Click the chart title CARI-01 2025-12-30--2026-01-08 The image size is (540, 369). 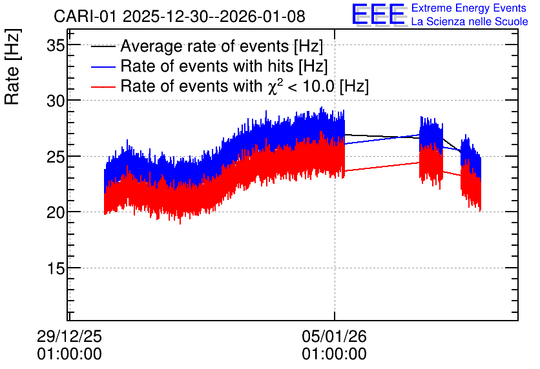tap(180, 16)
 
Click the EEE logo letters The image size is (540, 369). tap(379, 14)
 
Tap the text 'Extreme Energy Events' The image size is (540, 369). tap(469, 8)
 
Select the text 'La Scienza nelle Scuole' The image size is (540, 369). tap(470, 21)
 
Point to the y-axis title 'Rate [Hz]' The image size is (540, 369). tap(12, 66)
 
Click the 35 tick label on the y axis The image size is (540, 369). tap(56, 45)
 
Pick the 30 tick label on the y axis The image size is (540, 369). tap(56, 101)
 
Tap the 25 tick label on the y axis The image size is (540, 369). tap(56, 157)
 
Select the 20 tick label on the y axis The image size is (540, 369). tap(56, 212)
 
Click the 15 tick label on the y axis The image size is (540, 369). tap(56, 268)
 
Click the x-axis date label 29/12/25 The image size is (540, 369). tap(70, 336)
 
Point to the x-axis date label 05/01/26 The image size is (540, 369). tap(335, 336)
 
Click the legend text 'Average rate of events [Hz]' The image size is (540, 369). tap(222, 46)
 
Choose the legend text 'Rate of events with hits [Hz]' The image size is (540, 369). tap(224, 66)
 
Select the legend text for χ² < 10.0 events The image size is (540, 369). tap(245, 86)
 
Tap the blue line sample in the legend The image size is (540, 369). tap(103, 67)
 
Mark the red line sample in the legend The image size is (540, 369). tap(103, 87)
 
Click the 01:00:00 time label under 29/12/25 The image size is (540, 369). tap(70, 354)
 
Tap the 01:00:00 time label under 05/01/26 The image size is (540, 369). tap(335, 354)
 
